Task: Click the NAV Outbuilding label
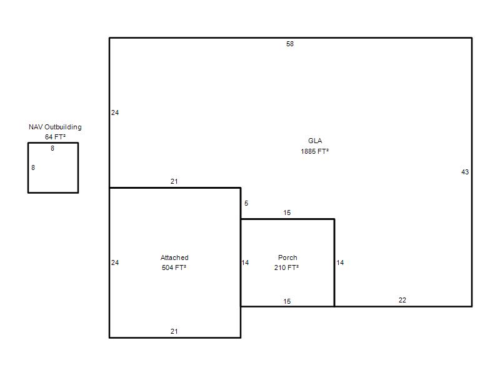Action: (55, 127)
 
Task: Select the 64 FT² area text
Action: (55, 137)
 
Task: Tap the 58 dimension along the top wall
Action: (290, 44)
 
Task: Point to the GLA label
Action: (315, 141)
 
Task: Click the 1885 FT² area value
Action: (315, 151)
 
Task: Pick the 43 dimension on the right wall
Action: (465, 172)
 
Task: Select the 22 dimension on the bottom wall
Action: (402, 300)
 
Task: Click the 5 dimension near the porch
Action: (246, 203)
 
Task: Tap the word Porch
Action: (287, 257)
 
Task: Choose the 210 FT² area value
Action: (286, 267)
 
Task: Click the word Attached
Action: (174, 257)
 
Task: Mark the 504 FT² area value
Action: (174, 267)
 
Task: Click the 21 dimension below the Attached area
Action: (174, 331)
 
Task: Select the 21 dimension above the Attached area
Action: (174, 181)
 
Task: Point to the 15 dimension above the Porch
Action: (287, 212)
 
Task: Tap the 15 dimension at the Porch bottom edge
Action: (287, 301)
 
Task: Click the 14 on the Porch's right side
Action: (340, 262)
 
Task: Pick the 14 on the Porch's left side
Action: (245, 262)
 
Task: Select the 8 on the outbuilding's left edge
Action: (33, 167)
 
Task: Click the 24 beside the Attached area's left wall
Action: (115, 262)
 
